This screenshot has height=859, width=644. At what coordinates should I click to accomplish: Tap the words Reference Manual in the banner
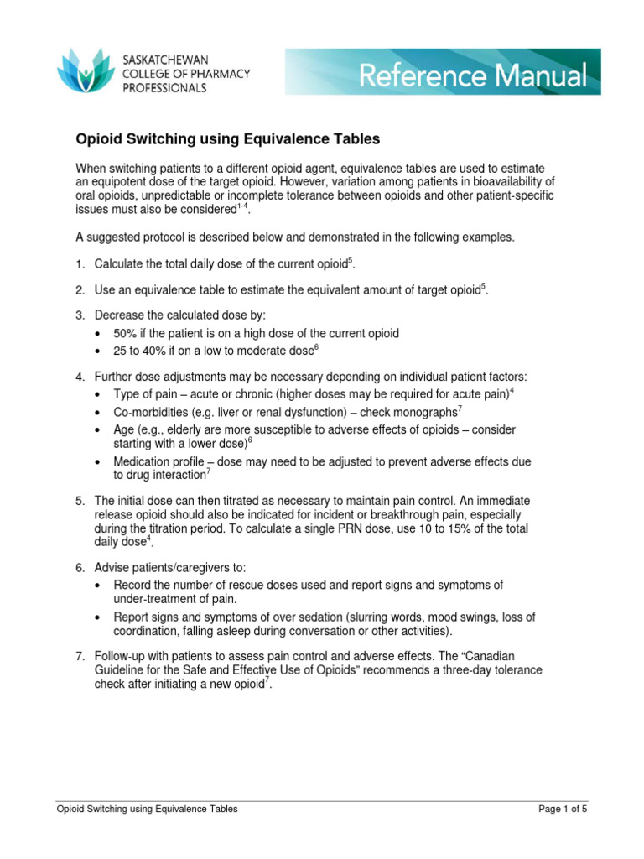pyautogui.click(x=473, y=76)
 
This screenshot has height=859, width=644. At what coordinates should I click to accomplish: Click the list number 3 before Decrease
pyautogui.click(x=79, y=315)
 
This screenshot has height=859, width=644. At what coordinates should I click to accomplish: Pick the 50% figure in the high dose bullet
pyautogui.click(x=128, y=333)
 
